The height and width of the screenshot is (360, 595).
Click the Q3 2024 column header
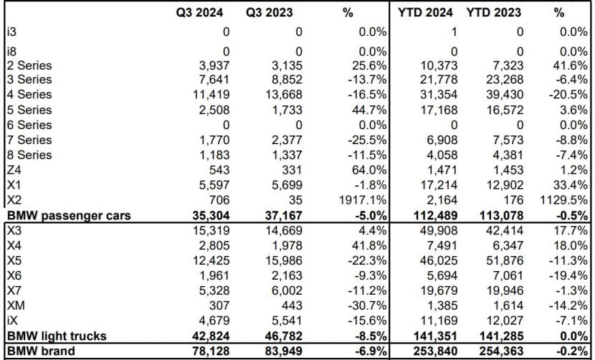[201, 11]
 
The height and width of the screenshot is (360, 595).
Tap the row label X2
[14, 199]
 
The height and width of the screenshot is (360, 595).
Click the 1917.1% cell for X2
[363, 199]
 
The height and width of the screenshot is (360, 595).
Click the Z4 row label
[14, 169]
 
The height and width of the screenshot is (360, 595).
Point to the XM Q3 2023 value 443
[291, 305]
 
